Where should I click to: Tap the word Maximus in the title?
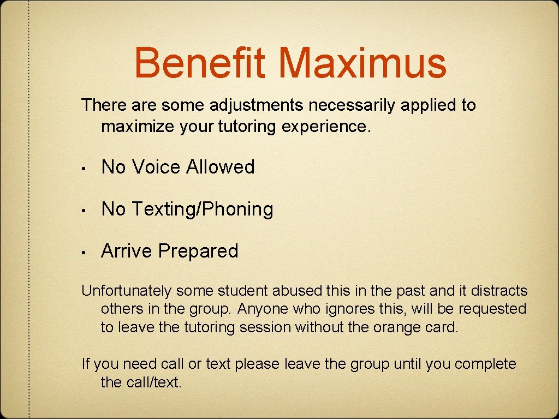(362, 62)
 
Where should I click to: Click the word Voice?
(157, 167)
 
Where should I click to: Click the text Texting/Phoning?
(203, 209)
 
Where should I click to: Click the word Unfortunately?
(127, 291)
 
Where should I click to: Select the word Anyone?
(263, 309)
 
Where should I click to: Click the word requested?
(492, 309)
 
